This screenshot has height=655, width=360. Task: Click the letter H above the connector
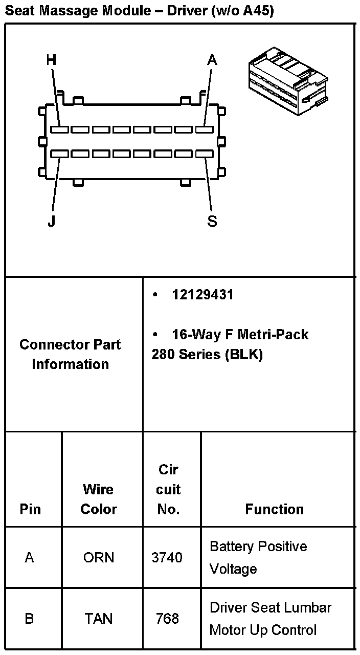coord(51,60)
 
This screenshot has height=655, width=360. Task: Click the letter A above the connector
coord(212,60)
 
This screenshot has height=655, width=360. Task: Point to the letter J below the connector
coord(51,222)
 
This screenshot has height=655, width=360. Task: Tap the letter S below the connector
coord(212,222)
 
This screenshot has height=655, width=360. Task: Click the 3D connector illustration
coord(287,81)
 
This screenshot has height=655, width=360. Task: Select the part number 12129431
coord(202,295)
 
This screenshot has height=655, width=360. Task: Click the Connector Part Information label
coord(70,354)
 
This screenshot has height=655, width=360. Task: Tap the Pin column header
coord(30,509)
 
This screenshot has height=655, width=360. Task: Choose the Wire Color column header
coord(99,499)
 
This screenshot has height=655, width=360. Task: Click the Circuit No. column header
coord(168,490)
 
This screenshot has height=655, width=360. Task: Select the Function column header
coord(275,509)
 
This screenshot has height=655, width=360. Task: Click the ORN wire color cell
coord(99,557)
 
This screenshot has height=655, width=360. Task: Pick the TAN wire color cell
coord(99,619)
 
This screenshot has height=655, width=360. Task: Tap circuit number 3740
coord(167,557)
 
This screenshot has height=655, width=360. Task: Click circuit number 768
coord(167,619)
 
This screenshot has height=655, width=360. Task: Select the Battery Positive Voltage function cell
coord(258,557)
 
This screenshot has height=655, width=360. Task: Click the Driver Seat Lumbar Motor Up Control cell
coord(271,619)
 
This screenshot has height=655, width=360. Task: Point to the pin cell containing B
coord(30,619)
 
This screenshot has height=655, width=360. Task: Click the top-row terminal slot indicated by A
coord(204,130)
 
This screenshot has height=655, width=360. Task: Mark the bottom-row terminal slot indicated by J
coord(60,154)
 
